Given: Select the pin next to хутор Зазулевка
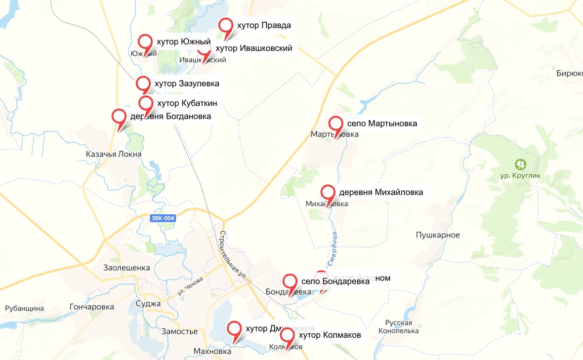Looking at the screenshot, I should (x=144, y=83).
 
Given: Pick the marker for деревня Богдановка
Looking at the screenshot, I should (x=119, y=117).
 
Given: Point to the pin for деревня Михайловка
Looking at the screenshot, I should (x=328, y=193).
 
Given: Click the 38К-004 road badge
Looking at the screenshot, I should (x=163, y=218).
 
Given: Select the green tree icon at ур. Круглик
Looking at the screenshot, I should (x=520, y=164).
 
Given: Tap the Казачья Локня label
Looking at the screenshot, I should (x=114, y=154).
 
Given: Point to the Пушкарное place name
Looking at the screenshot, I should (x=438, y=235).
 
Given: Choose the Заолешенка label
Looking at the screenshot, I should (x=126, y=268).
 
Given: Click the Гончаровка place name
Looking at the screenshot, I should (x=92, y=307).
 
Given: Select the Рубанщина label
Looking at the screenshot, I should (x=24, y=309).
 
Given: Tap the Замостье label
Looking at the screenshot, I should (x=179, y=331).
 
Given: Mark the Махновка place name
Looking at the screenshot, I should (x=212, y=352).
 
